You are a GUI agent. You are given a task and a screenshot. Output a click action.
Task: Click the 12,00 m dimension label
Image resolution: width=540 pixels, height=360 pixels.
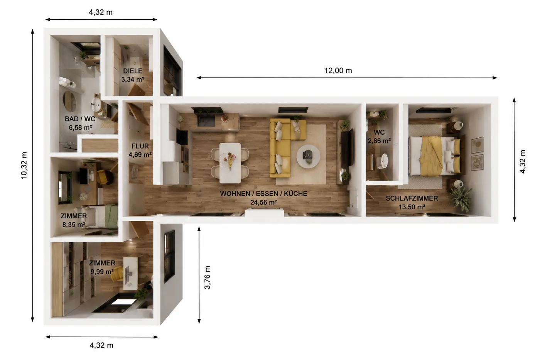338,71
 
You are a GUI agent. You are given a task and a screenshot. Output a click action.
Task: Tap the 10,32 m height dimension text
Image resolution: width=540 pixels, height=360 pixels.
24,166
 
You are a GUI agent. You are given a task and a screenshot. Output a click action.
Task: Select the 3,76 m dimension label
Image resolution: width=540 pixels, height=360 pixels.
207,277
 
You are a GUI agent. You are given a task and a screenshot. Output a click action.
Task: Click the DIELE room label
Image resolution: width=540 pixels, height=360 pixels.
133,71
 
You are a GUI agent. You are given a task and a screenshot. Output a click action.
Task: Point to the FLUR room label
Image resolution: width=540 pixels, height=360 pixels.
140,146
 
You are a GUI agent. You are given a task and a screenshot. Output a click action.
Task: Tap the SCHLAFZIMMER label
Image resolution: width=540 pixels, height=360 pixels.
412,198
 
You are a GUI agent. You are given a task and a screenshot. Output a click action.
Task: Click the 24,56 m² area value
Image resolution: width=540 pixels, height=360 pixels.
263,202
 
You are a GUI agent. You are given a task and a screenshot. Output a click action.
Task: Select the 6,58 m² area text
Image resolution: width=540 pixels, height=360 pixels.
80,127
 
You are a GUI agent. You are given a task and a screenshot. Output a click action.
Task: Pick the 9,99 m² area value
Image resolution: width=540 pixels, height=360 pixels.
102,272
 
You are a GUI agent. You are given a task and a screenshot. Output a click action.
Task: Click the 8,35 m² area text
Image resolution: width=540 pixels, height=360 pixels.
74,225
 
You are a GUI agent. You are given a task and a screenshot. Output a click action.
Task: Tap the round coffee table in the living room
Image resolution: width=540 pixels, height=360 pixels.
308,156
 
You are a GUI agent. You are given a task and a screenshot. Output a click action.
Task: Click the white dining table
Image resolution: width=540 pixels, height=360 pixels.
230,163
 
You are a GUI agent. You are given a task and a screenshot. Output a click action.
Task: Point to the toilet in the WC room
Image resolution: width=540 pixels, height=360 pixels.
382,161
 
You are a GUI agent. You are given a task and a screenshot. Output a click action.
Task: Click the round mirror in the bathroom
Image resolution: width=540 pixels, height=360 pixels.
69,101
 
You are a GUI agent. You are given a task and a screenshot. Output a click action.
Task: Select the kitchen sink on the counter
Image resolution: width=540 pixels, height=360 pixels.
206,121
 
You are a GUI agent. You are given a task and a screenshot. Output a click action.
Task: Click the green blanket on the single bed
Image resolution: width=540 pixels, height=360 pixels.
111,216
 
